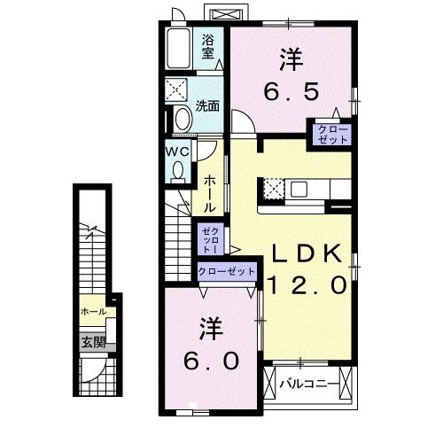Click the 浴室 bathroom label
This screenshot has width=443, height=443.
click(209, 46)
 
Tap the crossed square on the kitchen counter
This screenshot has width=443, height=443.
click(274, 189)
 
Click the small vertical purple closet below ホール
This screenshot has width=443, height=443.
click(209, 238)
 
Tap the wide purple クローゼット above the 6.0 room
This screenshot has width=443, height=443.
click(227, 271)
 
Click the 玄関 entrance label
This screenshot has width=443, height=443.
click(93, 341)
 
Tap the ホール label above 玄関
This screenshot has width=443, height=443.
click(93, 312)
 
